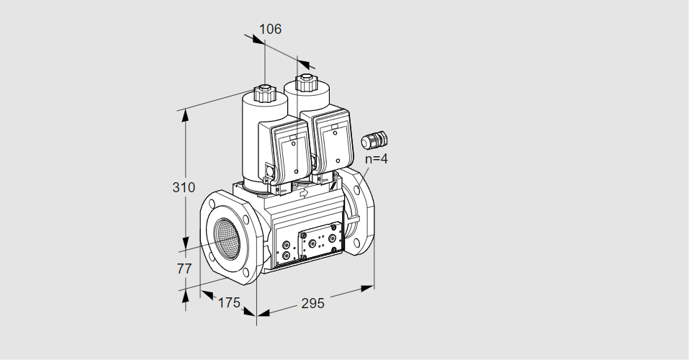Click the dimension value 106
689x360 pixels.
click(270, 29)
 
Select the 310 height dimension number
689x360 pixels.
click(184, 187)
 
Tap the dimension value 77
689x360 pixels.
click(184, 268)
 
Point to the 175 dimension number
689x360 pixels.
click(230, 302)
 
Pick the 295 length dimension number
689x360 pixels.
click(313, 303)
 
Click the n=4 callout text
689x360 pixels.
click(377, 158)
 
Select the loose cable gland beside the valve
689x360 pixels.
click(374, 140)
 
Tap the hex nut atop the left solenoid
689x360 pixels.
click(264, 93)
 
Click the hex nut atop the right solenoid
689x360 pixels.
click(305, 83)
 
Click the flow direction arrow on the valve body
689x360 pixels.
click(304, 193)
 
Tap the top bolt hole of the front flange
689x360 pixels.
click(212, 204)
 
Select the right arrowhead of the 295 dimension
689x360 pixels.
click(367, 288)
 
